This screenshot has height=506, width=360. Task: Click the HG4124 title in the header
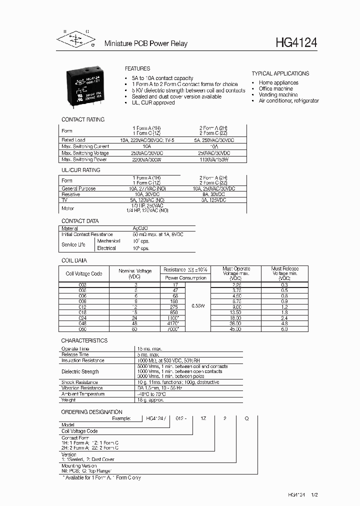coord(296,43)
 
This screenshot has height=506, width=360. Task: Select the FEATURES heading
coord(137,68)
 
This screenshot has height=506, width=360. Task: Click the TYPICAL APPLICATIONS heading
coord(280,73)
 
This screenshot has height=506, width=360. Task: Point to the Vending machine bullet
coord(278,94)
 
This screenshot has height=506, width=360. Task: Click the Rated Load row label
coord(73,140)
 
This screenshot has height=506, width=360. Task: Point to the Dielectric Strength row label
coord(80,371)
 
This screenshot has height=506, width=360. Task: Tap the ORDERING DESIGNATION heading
coord(91,412)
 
